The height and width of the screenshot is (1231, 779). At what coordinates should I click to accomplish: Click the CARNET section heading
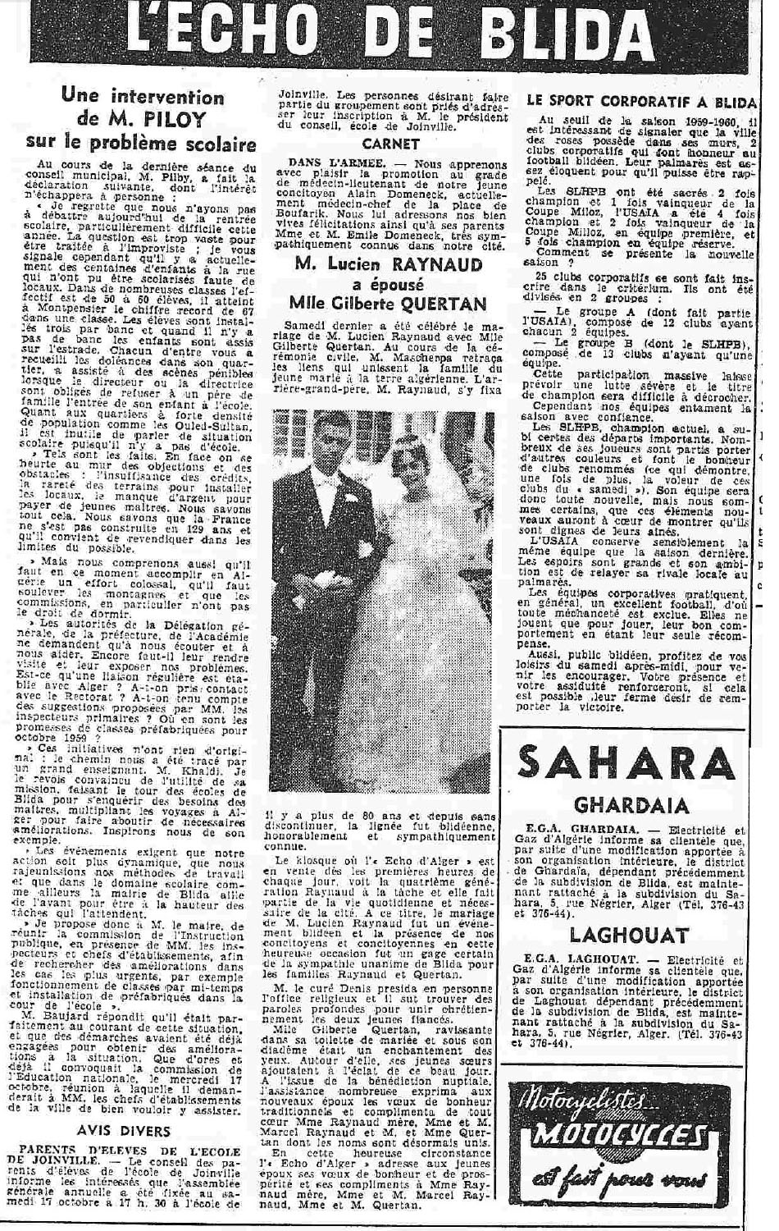pyautogui.click(x=390, y=144)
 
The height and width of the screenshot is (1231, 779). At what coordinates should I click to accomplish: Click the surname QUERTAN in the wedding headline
pyautogui.click(x=440, y=304)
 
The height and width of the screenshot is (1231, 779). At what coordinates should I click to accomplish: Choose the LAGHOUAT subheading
pyautogui.click(x=627, y=936)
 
